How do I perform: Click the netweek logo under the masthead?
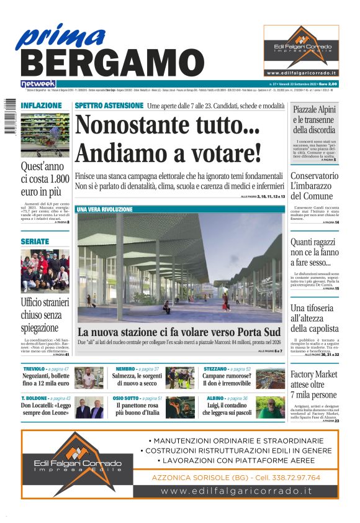38,84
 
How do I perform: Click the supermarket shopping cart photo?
45,134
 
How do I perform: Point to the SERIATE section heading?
34,241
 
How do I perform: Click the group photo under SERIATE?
45,271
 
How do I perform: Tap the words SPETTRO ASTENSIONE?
109,106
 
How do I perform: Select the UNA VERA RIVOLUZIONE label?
104,210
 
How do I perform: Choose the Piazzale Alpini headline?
314,119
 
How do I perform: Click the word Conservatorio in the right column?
314,176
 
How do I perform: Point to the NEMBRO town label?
125,369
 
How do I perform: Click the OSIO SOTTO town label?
126,398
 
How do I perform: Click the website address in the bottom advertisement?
236,491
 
